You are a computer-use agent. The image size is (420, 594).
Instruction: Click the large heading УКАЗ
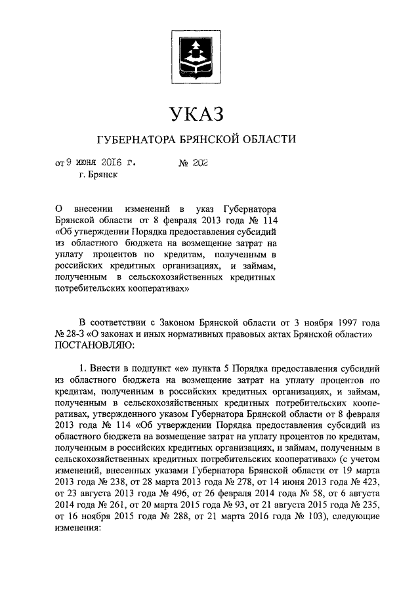click(x=196, y=114)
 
